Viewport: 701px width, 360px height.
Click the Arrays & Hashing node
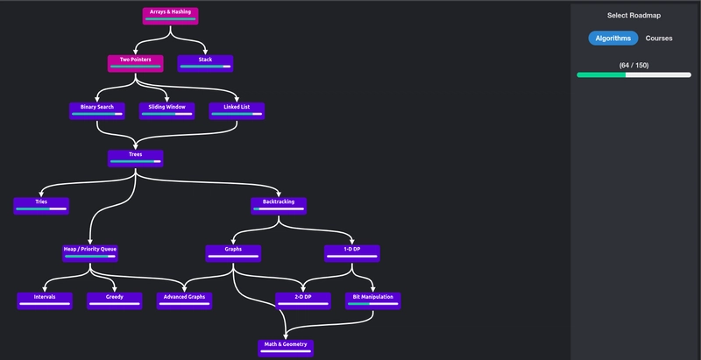[x=170, y=15]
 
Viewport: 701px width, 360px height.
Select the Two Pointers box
[x=136, y=63]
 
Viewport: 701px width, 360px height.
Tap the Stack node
[x=205, y=63]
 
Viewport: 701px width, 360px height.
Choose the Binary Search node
[x=97, y=110]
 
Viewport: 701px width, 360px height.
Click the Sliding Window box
[x=166, y=110]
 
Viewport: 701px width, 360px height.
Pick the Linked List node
[x=237, y=110]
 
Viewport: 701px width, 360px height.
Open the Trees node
[x=136, y=158]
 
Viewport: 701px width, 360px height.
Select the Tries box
[x=41, y=205]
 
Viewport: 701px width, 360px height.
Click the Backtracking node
[x=279, y=205]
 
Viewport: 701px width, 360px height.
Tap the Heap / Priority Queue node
[x=90, y=252]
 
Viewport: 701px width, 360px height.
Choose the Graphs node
[x=233, y=252]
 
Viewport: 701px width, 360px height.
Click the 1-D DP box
[x=352, y=252]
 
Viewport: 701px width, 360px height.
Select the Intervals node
[x=45, y=300]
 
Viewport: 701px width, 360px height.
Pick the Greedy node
[x=114, y=300]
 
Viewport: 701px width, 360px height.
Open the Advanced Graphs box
[x=185, y=300]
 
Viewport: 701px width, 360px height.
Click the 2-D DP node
[x=303, y=300]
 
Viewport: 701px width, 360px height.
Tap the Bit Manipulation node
[x=372, y=300]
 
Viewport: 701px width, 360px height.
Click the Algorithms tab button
[x=612, y=39]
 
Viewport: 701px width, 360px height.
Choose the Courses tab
[x=659, y=39]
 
